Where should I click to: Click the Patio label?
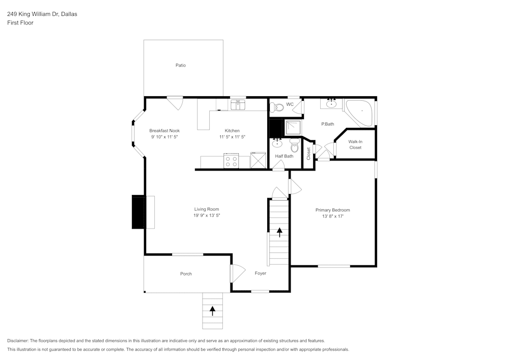tap(181, 65)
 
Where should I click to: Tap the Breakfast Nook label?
tap(164, 130)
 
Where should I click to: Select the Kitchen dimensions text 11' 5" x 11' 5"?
tap(232, 136)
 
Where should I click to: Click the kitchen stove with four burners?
tap(231, 161)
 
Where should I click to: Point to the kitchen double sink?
tap(238, 105)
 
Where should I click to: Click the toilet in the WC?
tap(276, 107)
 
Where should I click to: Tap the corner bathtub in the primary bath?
tap(359, 113)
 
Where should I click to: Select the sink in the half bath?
tap(277, 143)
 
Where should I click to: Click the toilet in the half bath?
tap(294, 146)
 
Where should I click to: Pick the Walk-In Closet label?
tap(355, 145)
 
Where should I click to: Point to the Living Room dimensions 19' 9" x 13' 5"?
tap(207, 215)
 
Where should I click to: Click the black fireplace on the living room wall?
tap(138, 212)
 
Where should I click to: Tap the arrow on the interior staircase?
tap(279, 232)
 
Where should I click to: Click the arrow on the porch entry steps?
tap(212, 311)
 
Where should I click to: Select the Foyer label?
tap(260, 273)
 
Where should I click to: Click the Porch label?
tap(186, 273)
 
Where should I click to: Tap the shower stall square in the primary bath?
tap(293, 127)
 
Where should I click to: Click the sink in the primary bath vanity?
tap(331, 103)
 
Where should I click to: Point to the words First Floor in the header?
tap(20, 23)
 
